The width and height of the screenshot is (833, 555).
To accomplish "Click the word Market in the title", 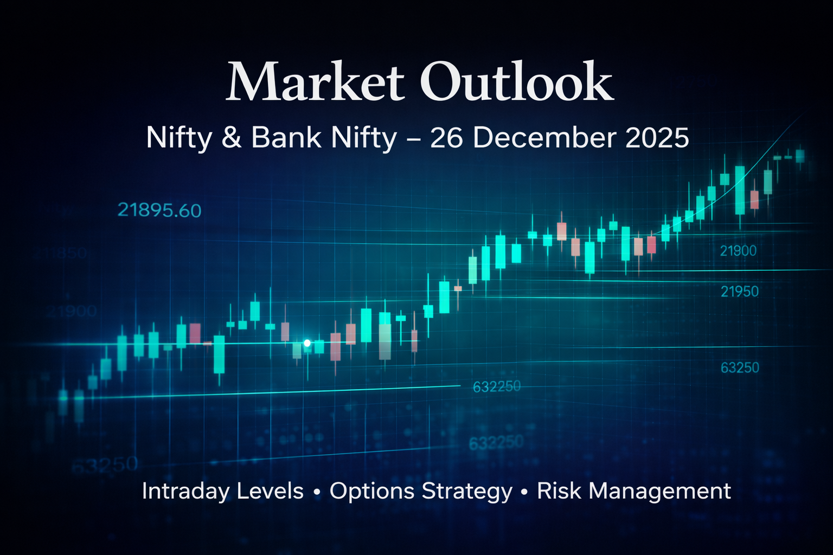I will pos(315,82).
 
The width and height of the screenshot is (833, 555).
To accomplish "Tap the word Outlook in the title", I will pos(516,82).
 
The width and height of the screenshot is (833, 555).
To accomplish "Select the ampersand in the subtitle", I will pos(232,138).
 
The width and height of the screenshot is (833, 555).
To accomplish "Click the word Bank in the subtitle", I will pos(286,138).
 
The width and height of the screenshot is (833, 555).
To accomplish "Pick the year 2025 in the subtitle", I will pos(657,138).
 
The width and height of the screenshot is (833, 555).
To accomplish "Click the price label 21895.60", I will pos(159,210).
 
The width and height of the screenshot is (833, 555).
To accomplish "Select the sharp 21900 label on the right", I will pos(738,251).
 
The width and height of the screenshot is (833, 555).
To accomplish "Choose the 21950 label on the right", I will pos(739,292).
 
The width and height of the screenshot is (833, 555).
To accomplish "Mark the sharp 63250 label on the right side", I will pos(740,367).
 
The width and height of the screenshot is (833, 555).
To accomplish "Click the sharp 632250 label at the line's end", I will pos(496,386).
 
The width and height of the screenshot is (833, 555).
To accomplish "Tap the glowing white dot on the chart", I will pos(307,343).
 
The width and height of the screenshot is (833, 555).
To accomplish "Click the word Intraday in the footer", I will pos(182,491).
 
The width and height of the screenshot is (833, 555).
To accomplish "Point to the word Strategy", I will pos(467,491).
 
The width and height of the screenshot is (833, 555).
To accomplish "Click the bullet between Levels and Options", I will pos(317,492).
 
